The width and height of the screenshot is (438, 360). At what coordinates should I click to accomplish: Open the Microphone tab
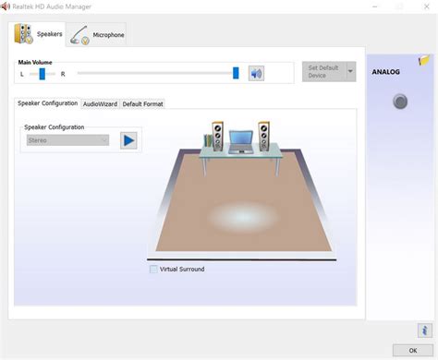point(97,34)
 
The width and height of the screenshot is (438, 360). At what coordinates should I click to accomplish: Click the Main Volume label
point(35,62)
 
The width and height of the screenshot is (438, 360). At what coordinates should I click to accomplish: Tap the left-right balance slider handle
point(42,73)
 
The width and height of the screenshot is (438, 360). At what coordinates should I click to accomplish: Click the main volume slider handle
point(236,73)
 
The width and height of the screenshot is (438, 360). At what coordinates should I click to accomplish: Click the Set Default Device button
point(322,73)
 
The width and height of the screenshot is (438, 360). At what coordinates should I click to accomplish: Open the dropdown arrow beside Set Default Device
point(350,73)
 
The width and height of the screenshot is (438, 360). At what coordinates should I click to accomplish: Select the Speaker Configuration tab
point(47,103)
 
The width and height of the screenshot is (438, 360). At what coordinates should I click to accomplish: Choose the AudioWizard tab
point(100,103)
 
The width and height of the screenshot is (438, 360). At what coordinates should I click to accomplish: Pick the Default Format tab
point(142,103)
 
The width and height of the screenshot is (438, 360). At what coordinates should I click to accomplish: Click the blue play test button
point(128,140)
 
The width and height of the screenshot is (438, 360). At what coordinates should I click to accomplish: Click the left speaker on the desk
point(217,137)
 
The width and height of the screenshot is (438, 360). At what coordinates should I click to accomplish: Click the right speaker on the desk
point(264,137)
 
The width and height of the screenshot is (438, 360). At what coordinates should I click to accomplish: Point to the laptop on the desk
point(241,141)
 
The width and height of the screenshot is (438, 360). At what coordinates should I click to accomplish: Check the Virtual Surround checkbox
point(153,270)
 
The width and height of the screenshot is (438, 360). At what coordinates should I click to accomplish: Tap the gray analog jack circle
point(400,102)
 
